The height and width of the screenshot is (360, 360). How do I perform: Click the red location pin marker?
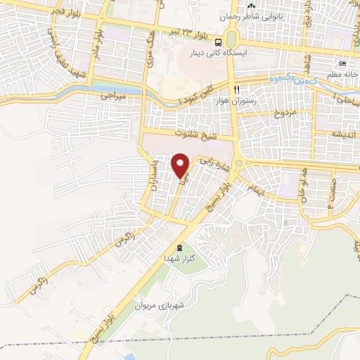click(x=180, y=165)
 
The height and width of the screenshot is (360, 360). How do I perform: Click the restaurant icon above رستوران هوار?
click(x=238, y=90)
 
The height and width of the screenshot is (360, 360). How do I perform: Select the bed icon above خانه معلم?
click(x=342, y=61)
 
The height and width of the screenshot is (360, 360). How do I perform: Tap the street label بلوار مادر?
click(x=100, y=48)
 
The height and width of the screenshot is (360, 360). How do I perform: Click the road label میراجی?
click(x=111, y=94)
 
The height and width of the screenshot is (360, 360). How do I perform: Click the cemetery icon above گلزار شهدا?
click(x=179, y=248)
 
